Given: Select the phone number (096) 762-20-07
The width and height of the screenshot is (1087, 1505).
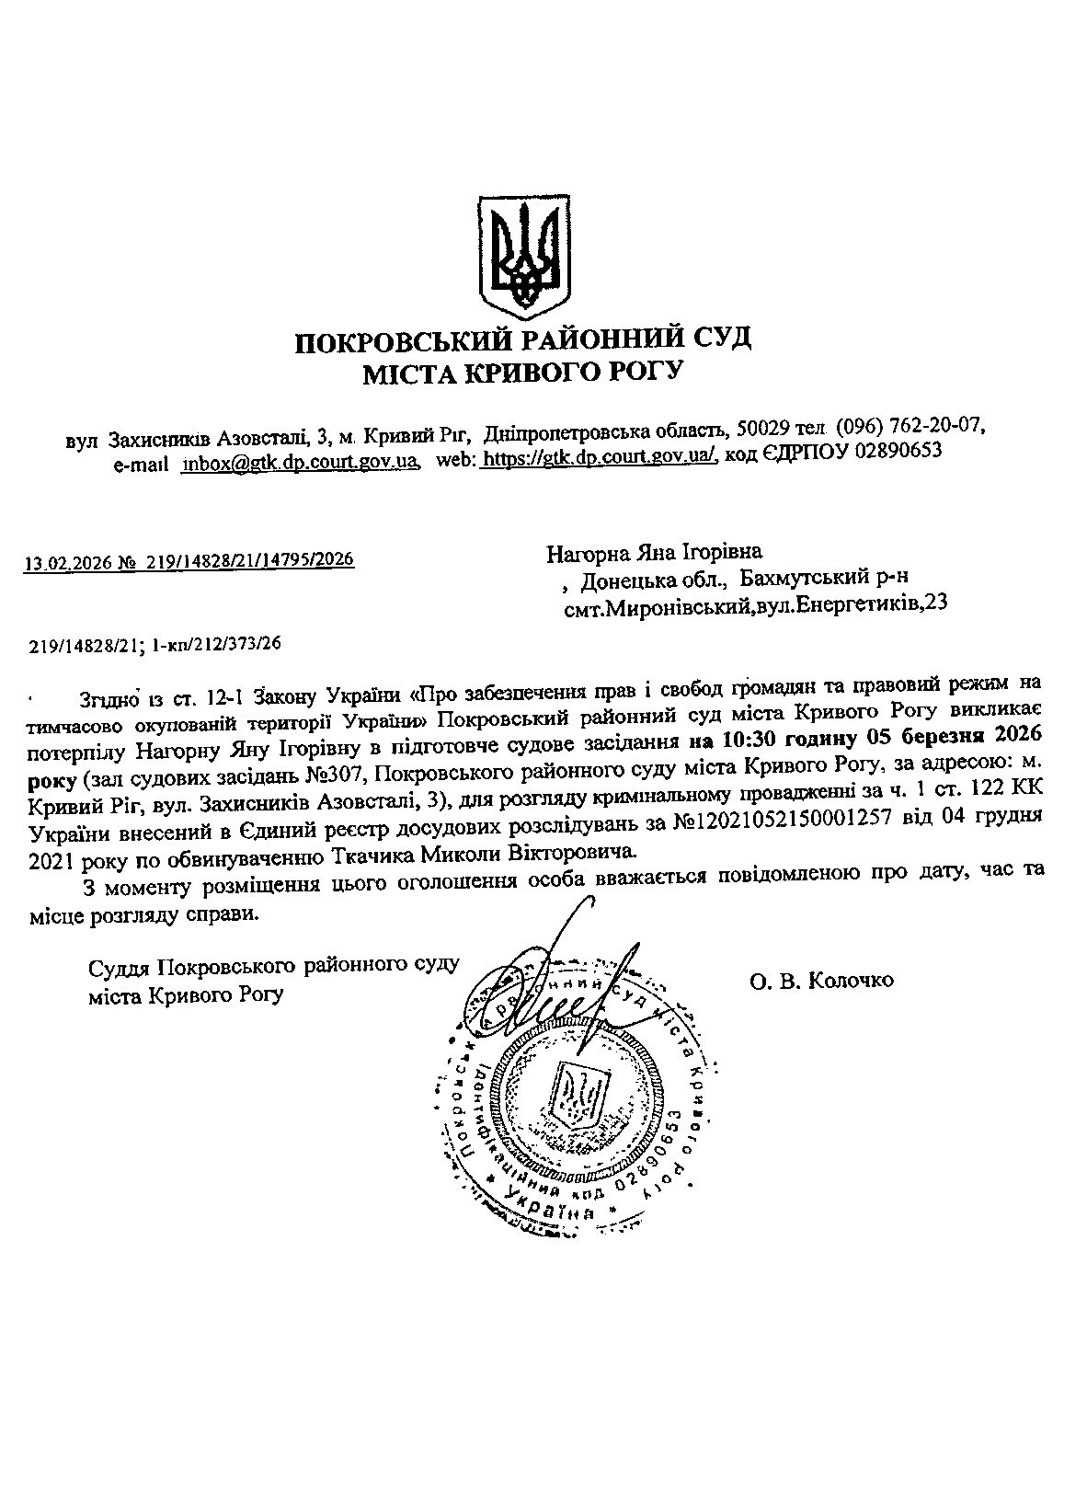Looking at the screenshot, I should point(910,427).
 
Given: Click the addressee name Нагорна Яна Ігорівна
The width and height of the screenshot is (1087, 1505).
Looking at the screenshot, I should point(655,554).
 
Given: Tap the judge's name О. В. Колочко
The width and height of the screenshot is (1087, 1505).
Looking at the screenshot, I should point(821,981).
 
